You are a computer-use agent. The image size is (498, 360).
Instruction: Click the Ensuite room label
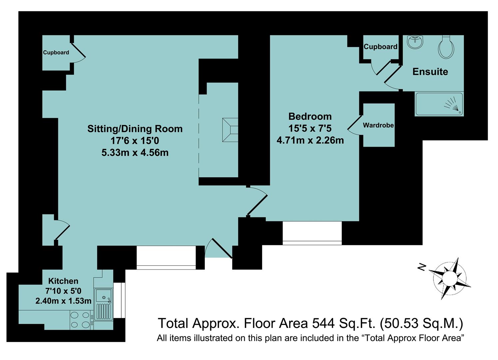click(430, 72)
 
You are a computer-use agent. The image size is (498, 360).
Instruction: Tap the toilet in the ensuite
click(446, 47)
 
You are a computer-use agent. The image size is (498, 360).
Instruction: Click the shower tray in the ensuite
click(439, 104)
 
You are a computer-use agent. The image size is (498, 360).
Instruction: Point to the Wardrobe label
click(378, 126)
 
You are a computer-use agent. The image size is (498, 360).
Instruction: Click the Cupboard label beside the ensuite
click(380, 47)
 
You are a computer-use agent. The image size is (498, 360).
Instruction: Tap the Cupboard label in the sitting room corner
click(56, 53)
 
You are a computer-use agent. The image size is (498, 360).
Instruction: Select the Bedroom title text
click(310, 117)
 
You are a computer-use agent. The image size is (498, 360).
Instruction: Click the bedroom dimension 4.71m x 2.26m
click(310, 140)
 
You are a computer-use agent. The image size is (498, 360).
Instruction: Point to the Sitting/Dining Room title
click(135, 129)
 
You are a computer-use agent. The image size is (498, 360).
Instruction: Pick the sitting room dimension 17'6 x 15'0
click(135, 141)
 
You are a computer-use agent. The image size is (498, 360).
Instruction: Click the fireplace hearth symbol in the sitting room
click(230, 130)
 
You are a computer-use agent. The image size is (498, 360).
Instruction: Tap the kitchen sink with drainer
click(103, 304)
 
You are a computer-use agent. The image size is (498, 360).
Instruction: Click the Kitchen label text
click(63, 281)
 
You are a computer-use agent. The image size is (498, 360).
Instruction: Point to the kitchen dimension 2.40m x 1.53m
click(63, 301)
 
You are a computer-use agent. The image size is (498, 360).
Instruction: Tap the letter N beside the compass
click(422, 267)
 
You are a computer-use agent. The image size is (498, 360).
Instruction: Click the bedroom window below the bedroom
click(312, 233)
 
